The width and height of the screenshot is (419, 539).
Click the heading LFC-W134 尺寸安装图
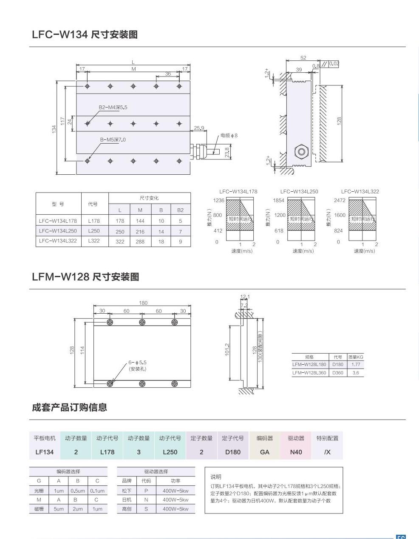pyautogui.click(x=85, y=35)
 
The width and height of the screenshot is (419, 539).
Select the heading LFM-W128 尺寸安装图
pyautogui.click(x=85, y=277)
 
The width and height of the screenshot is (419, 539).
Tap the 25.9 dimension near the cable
pyautogui.click(x=199, y=128)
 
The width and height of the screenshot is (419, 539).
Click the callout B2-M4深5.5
pyautogui.click(x=113, y=108)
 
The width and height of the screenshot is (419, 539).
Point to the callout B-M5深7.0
pyautogui.click(x=113, y=139)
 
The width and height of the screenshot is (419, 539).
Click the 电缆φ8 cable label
pyautogui.click(x=229, y=136)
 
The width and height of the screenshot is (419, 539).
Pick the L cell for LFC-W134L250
pyautogui.click(x=120, y=232)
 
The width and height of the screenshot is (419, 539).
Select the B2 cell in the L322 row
pyautogui.click(x=180, y=241)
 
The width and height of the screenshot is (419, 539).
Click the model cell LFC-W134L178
pyautogui.click(x=58, y=221)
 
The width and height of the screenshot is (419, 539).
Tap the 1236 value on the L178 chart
pyautogui.click(x=218, y=201)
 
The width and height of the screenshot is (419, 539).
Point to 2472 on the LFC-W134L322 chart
pyautogui.click(x=340, y=201)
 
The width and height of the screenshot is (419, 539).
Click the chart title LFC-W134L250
pyautogui.click(x=299, y=191)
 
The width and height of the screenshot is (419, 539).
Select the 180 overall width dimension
pyautogui.click(x=143, y=303)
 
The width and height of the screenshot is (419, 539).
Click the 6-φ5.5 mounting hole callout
pyautogui.click(x=137, y=366)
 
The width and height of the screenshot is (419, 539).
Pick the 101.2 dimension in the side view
pyautogui.click(x=227, y=350)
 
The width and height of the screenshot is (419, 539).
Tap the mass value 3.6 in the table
pyautogui.click(x=356, y=373)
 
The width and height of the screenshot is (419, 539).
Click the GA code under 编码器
pyautogui.click(x=265, y=452)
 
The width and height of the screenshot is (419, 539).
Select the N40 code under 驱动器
pyautogui.click(x=296, y=452)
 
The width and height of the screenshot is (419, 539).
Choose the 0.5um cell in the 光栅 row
pyautogui.click(x=78, y=491)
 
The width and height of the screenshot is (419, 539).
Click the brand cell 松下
pyautogui.click(x=127, y=491)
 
